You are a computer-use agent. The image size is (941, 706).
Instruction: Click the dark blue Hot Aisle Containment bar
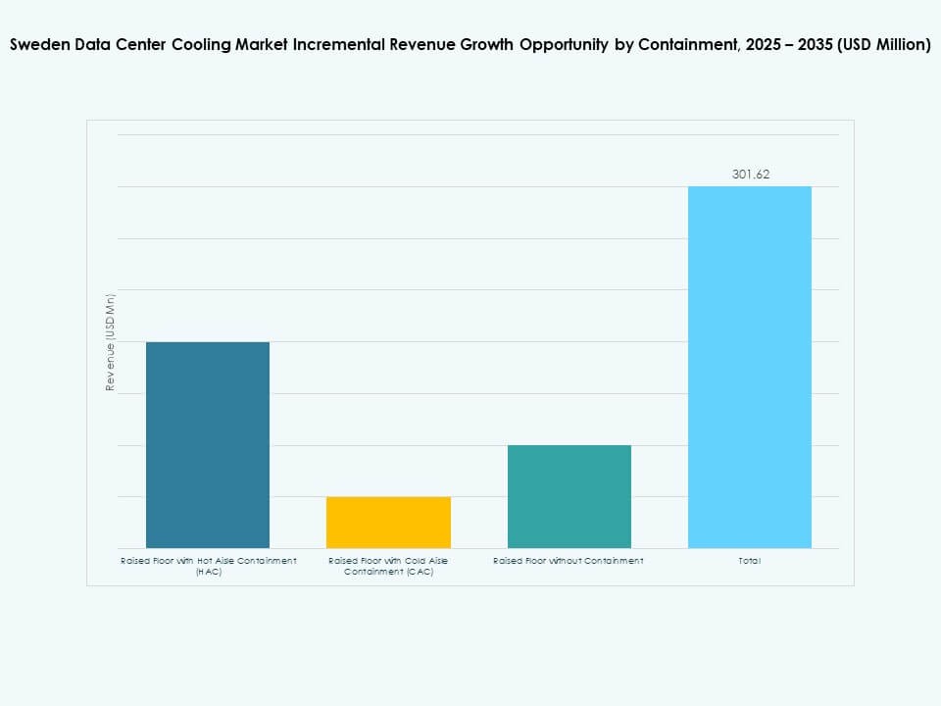pos(208,444)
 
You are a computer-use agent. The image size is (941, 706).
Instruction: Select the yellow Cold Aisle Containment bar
pos(388,522)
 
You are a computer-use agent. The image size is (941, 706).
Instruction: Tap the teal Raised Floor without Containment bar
pos(569,496)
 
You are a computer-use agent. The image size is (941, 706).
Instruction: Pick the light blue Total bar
pos(750,367)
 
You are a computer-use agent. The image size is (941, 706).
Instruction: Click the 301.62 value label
pos(751,175)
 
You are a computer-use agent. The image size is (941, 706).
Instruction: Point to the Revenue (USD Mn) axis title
pos(111,342)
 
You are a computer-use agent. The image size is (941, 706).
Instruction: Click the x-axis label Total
pos(750,561)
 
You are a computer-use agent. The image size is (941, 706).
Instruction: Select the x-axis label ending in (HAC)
pos(208,566)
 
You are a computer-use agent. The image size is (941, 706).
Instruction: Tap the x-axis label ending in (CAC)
pos(388,566)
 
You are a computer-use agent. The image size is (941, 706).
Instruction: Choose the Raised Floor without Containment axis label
pos(569,561)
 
